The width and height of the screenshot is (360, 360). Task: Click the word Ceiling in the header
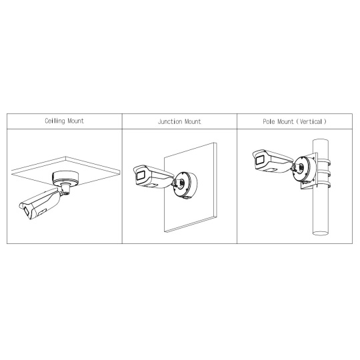click(55, 121)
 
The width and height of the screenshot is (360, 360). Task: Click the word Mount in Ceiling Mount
click(76, 121)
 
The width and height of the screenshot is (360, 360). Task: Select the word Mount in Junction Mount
click(193, 121)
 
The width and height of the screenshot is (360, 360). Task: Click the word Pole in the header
click(269, 121)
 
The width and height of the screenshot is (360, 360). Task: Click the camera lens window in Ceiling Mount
click(26, 211)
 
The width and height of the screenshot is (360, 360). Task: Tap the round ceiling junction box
click(66, 178)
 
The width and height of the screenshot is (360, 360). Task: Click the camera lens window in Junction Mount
click(140, 176)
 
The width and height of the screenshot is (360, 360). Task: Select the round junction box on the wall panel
click(185, 185)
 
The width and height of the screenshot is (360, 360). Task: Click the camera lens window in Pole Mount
click(260, 159)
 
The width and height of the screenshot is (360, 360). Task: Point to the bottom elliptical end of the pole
click(321, 233)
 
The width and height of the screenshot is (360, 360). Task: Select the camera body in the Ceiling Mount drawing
click(39, 203)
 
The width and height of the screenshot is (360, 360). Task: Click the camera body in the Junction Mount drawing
click(153, 176)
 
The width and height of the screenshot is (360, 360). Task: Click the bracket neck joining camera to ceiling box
click(65, 189)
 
